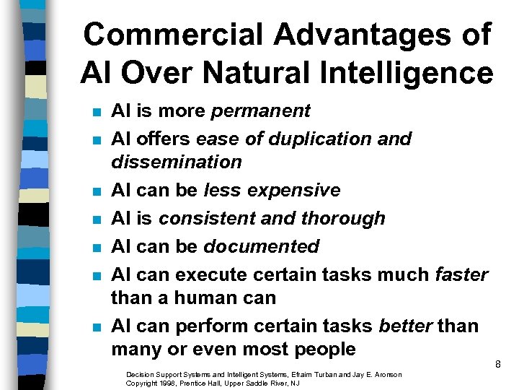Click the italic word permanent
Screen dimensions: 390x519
259,111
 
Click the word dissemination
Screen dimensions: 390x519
176,162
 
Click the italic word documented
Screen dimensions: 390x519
261,246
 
